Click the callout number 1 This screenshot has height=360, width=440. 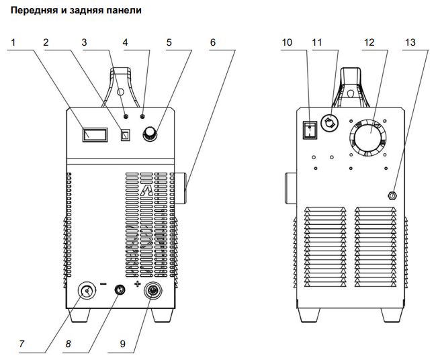pyautogui.click(x=15, y=42)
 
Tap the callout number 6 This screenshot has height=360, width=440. pyautogui.click(x=213, y=42)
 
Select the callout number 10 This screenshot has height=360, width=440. pyautogui.click(x=287, y=42)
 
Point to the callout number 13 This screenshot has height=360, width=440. pyautogui.click(x=410, y=42)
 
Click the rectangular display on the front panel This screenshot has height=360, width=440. pyautogui.click(x=95, y=135)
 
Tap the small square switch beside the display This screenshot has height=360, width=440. pyautogui.click(x=124, y=135)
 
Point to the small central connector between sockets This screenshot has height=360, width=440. pyautogui.click(x=119, y=290)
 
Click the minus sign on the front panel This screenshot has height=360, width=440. pyautogui.click(x=103, y=284)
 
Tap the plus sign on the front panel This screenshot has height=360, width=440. pyautogui.click(x=138, y=285)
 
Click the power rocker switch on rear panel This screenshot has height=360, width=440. pyautogui.click(x=309, y=130)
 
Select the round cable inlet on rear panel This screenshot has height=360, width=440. pyautogui.click(x=331, y=122)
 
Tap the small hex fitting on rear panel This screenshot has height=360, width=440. pyautogui.click(x=392, y=195)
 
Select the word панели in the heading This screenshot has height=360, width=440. pyautogui.click(x=123, y=11)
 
